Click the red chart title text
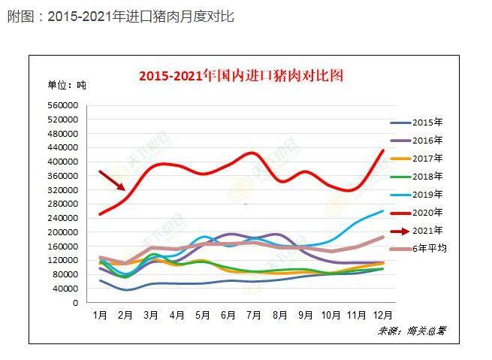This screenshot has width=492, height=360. tap(240, 75)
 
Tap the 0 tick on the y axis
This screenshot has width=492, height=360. tap(75, 303)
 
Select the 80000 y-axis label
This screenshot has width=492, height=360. tap(65, 274)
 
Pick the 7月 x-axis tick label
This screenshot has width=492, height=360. tap(253, 313)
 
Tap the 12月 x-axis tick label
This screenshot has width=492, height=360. tap(382, 313)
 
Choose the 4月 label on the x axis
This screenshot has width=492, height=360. tap(177, 313)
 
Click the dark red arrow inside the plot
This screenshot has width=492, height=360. tap(113, 180)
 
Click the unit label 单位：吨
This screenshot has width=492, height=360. tap(67, 85)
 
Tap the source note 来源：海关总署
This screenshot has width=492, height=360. tap(412, 330)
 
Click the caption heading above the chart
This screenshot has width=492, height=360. tap(120, 16)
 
